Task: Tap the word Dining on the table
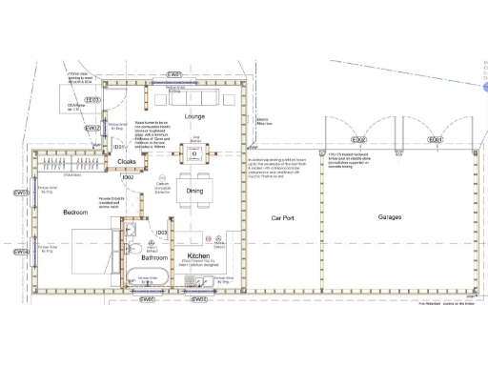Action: click(x=193, y=189)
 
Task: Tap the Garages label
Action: click(x=389, y=218)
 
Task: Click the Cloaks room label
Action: click(x=127, y=162)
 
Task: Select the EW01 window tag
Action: click(x=174, y=73)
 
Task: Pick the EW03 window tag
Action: click(x=92, y=99)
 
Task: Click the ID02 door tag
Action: click(x=127, y=176)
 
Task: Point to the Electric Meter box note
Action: click(x=264, y=120)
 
